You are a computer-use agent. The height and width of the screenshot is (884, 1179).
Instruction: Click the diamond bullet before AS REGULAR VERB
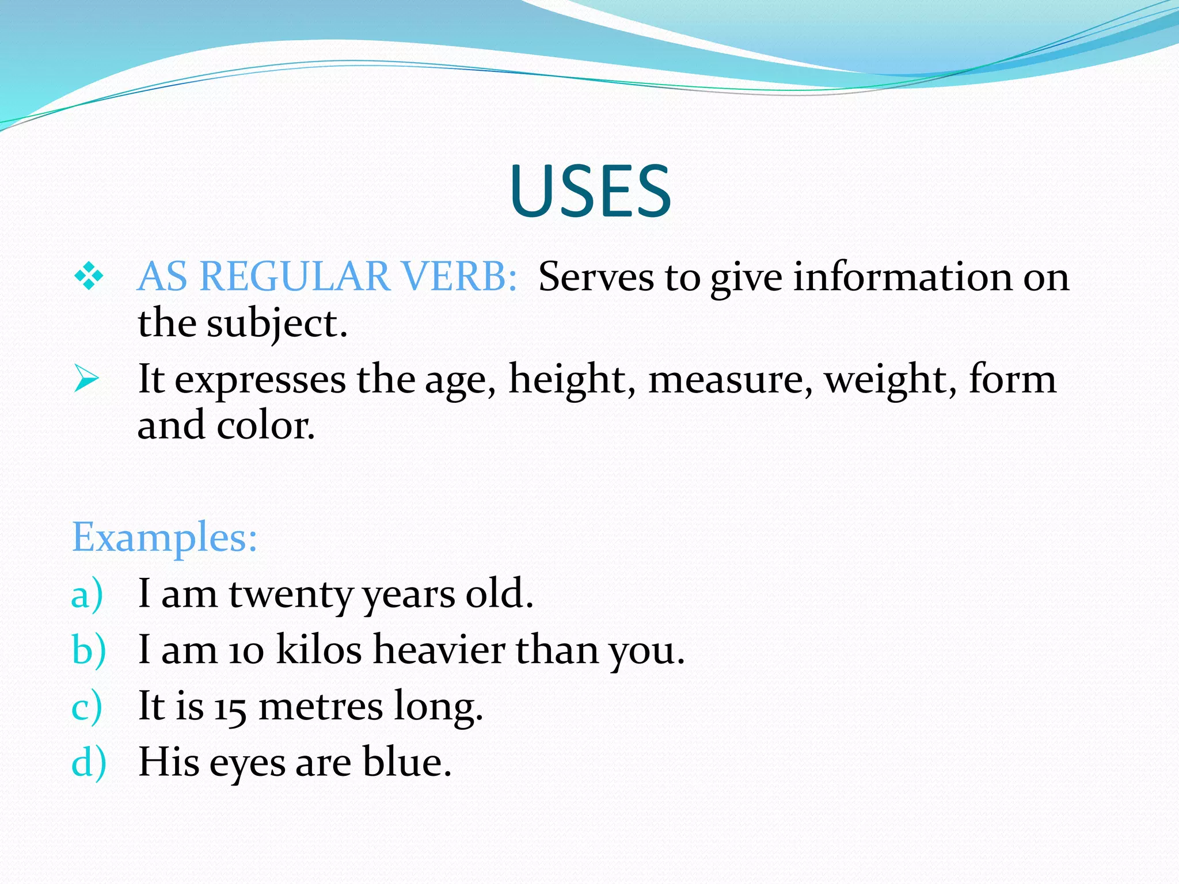coord(89,276)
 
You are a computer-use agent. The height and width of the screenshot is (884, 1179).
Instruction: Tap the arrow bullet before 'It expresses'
coord(86,380)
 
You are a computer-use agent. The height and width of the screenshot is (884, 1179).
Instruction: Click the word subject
coord(277,323)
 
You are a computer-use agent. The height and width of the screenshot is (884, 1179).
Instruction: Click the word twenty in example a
coord(291,595)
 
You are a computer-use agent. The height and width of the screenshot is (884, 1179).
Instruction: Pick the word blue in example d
coord(406,762)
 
